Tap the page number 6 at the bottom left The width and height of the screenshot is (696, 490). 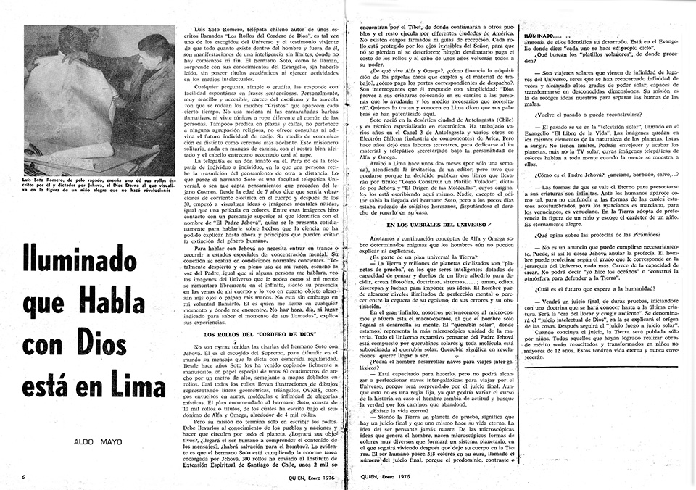click(x=25, y=477)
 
